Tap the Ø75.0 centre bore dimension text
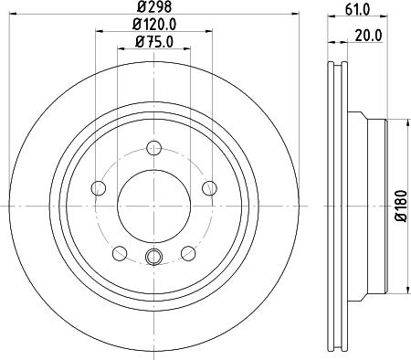point(153,41)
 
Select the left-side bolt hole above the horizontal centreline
point(98,188)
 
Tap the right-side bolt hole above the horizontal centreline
point(208,188)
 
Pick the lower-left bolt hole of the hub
point(118,253)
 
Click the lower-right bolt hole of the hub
point(188,253)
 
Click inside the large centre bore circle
point(153,205)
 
